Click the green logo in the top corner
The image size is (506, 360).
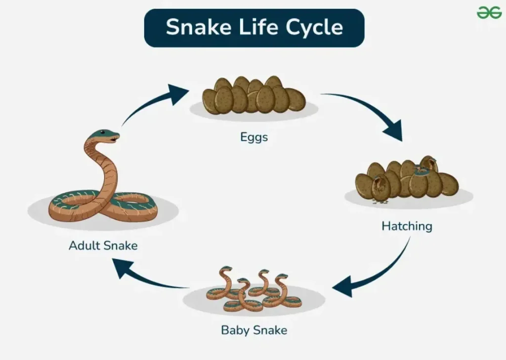pos(489,12)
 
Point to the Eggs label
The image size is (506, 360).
pos(254,137)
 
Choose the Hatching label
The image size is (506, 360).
pos(407,226)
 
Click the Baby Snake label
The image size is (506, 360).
pos(254,329)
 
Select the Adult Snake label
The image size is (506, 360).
pos(103,245)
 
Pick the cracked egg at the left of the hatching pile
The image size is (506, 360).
pos(381,190)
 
